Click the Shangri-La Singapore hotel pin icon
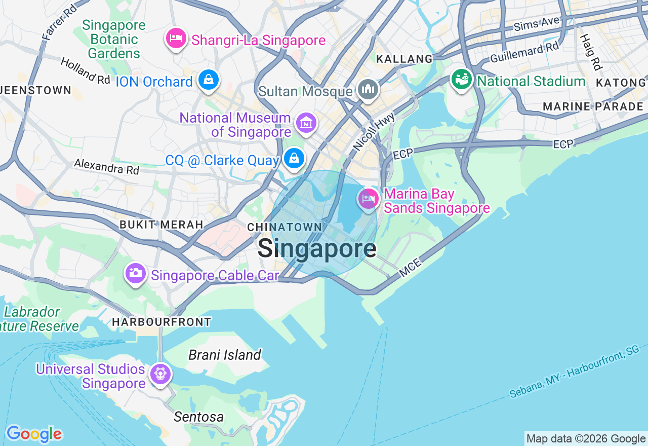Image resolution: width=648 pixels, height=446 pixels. click(x=176, y=39)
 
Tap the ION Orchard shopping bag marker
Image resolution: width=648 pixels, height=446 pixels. click(x=208, y=80)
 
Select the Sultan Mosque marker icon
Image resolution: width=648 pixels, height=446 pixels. click(x=368, y=90)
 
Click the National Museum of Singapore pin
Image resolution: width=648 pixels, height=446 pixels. click(x=306, y=123)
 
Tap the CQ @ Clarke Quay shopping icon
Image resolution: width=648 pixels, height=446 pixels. click(x=294, y=158)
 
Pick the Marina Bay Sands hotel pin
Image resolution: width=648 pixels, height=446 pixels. click(x=369, y=198)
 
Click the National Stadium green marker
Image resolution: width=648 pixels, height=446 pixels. click(x=462, y=80)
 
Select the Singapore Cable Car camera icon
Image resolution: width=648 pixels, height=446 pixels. click(x=135, y=273)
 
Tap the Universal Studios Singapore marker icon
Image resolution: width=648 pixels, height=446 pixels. click(x=160, y=374)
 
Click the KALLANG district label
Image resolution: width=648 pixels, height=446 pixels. click(x=404, y=59)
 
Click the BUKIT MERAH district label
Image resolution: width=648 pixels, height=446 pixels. click(x=161, y=225)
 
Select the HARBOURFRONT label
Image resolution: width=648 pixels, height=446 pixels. click(x=161, y=322)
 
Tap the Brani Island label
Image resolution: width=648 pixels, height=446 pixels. click(x=225, y=355)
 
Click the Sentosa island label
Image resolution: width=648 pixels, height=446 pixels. click(x=198, y=417)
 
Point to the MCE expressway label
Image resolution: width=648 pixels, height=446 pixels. click(x=410, y=268)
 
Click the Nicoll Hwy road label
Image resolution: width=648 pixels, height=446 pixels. click(x=373, y=132)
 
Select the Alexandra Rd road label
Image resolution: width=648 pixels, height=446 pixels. click(x=106, y=166)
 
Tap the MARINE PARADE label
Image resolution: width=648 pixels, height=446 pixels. click(x=593, y=106)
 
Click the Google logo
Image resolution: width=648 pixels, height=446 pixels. click(x=34, y=434)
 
